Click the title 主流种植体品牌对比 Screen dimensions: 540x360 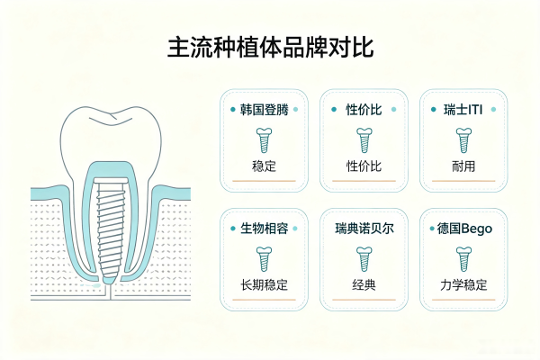tap(271, 47)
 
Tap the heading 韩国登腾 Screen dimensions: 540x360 tap(264, 110)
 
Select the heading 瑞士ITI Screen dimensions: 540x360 tap(463, 110)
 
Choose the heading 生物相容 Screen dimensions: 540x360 tap(264, 229)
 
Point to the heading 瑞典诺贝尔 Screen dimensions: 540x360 tap(364, 229)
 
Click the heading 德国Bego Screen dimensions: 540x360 tap(464, 229)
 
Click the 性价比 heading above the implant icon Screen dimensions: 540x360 tap(364, 110)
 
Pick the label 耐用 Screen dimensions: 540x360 tap(463, 166)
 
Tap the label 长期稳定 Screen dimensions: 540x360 tap(264, 285)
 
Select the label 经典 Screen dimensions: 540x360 tap(364, 285)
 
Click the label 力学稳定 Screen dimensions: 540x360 tap(463, 285)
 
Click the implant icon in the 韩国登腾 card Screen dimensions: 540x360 tap(264, 140)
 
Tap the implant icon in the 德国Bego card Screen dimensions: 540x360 tap(463, 259)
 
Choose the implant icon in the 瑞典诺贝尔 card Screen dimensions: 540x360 tap(364, 259)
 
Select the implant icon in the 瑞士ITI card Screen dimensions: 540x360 tap(463, 140)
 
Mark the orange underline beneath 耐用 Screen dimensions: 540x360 tap(463, 181)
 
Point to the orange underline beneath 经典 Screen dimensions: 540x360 tap(364, 300)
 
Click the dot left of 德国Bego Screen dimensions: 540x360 tap(432, 229)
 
